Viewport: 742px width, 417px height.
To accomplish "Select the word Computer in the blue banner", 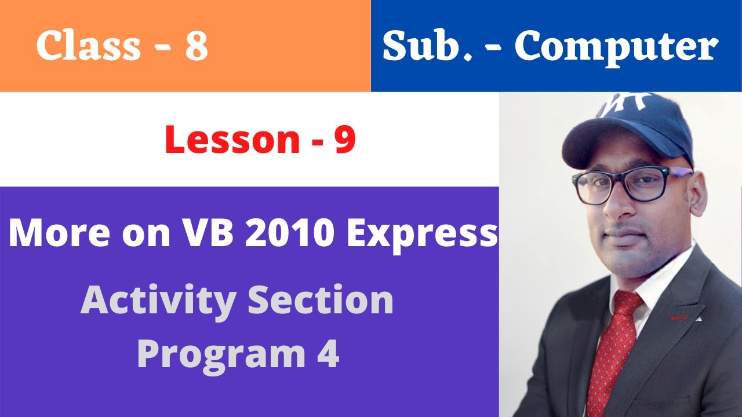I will pyautogui.click(x=616, y=47).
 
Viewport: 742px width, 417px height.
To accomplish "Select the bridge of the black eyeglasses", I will pyautogui.click(x=616, y=180).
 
